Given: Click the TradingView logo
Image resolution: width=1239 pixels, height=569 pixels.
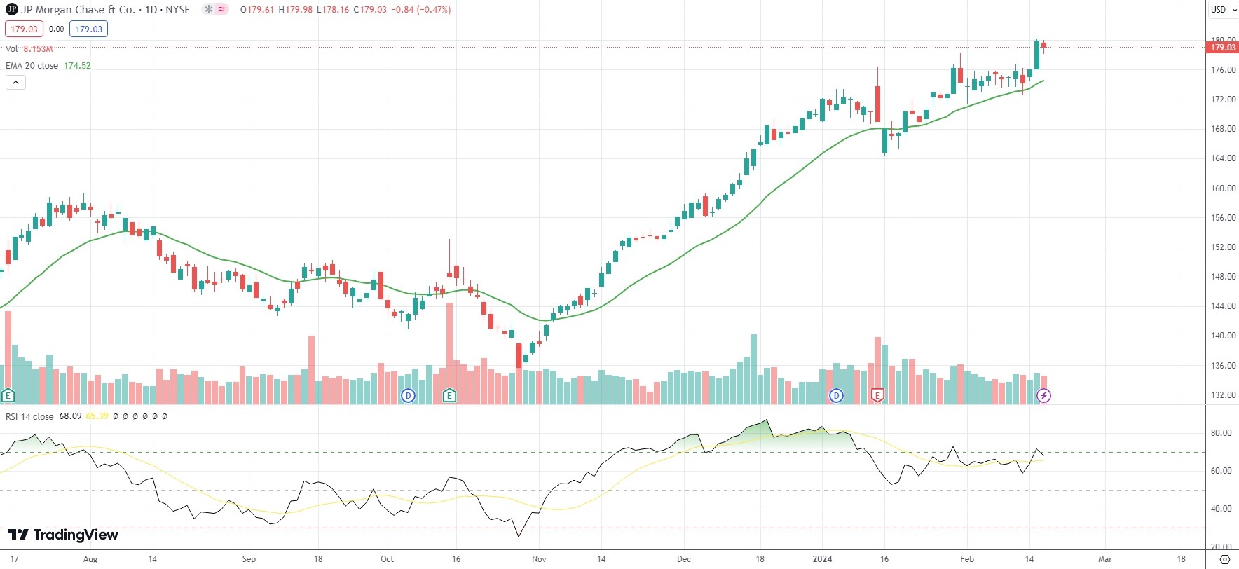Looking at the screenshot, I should (63, 535).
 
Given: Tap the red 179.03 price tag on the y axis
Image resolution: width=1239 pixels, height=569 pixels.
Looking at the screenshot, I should (1223, 48).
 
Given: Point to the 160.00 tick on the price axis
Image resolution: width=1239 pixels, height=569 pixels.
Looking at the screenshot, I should (1223, 188).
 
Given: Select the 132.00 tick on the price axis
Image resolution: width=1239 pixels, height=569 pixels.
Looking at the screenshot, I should (1223, 395).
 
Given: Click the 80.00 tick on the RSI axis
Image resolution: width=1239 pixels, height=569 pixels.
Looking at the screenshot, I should (1221, 433).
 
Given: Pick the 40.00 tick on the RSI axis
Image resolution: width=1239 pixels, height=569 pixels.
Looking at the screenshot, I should (1221, 509).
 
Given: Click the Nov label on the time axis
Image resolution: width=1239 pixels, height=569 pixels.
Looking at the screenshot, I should (539, 559).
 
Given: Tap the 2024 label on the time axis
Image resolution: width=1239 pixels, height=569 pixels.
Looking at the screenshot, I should (822, 559).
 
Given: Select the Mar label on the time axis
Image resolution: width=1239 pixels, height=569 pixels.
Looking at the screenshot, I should (1105, 559).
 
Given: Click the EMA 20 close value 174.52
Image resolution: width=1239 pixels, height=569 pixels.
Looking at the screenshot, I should (77, 66).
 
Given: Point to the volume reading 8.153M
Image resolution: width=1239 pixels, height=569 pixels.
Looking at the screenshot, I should (38, 49).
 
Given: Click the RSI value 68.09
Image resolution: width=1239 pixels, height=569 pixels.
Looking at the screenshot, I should (70, 416).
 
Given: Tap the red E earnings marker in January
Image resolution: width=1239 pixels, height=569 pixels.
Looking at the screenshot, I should (877, 395).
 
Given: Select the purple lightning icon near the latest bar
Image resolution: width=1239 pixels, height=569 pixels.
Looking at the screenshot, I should (1043, 395).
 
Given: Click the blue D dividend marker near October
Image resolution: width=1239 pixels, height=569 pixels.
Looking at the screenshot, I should (408, 395).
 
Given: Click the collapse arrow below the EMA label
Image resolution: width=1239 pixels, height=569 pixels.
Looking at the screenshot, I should (15, 82).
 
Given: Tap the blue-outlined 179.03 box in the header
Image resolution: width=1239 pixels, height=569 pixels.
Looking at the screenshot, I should (88, 29).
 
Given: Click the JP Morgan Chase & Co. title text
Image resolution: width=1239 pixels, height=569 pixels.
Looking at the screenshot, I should (77, 10).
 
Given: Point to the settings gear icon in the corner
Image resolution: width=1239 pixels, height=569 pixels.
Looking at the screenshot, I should (1224, 559).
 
